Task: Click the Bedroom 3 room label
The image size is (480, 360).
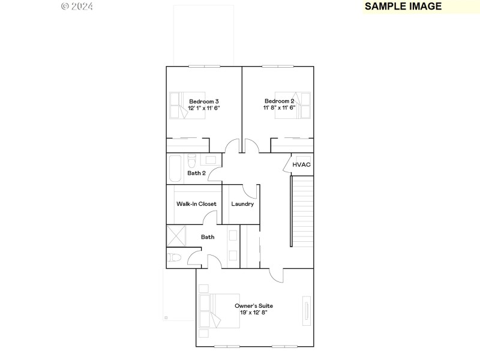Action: click(204, 101)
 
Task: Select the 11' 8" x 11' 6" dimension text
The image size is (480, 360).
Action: click(279, 108)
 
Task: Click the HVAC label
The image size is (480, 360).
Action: click(301, 164)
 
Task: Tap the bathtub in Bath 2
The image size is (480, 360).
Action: click(175, 169)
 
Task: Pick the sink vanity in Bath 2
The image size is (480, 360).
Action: click(208, 160)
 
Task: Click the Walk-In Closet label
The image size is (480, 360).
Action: click(196, 204)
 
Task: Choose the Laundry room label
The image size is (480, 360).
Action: click(242, 204)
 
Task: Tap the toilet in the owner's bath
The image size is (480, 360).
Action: click(175, 258)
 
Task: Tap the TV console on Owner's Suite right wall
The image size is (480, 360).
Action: click(307, 310)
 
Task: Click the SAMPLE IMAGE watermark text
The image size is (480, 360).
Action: click(403, 7)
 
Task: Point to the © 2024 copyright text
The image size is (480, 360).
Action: click(77, 7)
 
